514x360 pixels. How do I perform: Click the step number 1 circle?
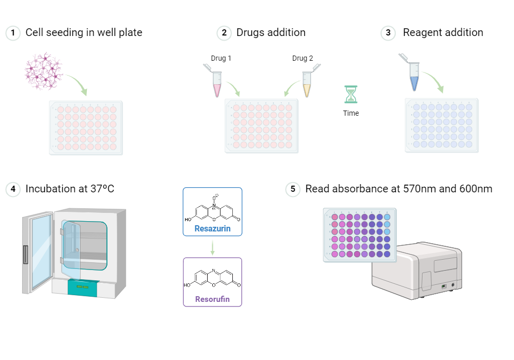[13, 33]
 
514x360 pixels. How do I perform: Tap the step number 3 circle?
[388, 33]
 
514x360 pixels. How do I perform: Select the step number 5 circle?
[292, 189]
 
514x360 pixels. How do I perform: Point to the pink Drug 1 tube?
[215, 82]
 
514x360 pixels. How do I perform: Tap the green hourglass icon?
[351, 95]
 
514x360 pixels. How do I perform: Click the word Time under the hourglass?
[351, 113]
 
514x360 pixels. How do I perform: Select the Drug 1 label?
[221, 58]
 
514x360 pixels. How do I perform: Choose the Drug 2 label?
[302, 58]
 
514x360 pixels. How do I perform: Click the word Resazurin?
[212, 228]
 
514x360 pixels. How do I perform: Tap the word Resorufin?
[212, 299]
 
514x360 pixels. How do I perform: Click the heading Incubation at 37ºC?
[69, 189]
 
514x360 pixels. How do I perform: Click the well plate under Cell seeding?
[86, 128]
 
